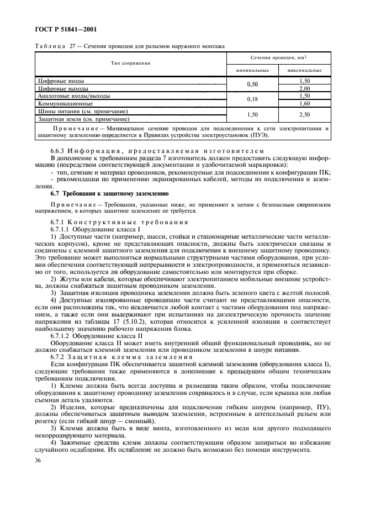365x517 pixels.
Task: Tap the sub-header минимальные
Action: tap(252, 71)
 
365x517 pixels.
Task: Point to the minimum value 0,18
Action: tap(252, 99)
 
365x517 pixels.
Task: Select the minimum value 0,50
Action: tap(252, 85)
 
